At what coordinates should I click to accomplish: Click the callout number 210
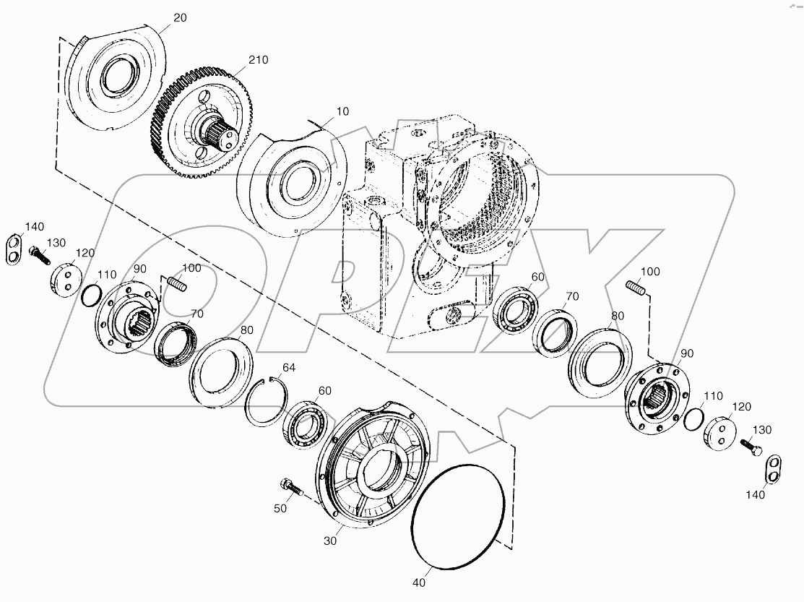tap(258, 60)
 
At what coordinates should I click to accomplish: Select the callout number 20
tap(180, 17)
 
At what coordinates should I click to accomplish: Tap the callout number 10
tap(321, 112)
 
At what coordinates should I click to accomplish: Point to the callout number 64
tap(289, 368)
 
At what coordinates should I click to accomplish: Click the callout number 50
tap(280, 509)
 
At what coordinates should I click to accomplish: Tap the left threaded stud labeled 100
tap(176, 284)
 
